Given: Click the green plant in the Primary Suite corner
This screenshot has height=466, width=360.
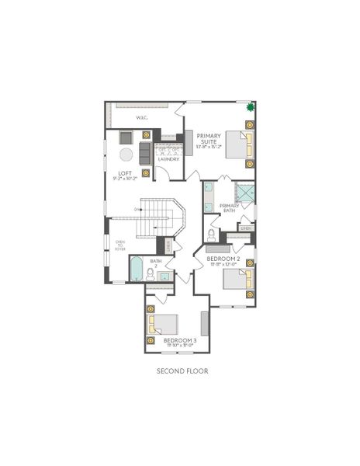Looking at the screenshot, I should point(251,108).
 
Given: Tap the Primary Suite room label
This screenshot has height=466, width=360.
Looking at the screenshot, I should point(209,137).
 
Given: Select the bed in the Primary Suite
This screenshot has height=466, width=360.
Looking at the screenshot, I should point(238,144).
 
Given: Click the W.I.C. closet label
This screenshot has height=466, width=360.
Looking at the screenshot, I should point(142,117).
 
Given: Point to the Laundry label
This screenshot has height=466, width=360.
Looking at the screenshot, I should point(168,159).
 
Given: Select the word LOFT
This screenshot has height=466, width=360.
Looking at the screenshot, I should point(124,172).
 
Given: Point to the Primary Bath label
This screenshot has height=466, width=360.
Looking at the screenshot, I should point(228,207).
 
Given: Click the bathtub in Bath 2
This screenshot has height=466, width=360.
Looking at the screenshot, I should point(137,270).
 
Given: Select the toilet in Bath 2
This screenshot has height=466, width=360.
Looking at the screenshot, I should point(151,273).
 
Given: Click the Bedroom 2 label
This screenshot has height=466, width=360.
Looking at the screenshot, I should point(223,257).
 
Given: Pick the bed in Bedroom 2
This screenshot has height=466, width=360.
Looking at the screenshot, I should point(237,280).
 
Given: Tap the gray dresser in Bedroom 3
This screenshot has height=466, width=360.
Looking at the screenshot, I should point(205,322).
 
